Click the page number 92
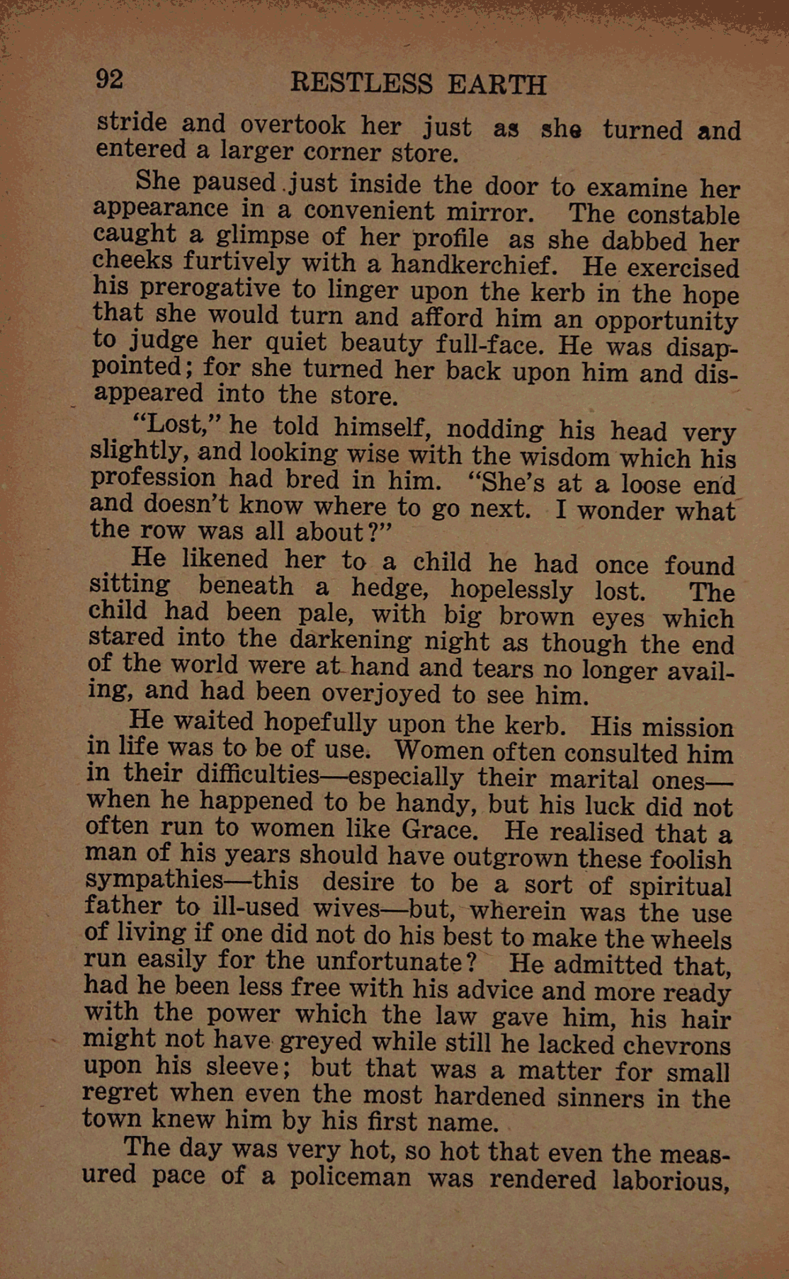110,79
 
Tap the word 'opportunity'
666,322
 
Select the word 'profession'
153,479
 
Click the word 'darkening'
351,640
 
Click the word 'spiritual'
680,887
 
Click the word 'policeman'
351,1177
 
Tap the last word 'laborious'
671,1181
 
